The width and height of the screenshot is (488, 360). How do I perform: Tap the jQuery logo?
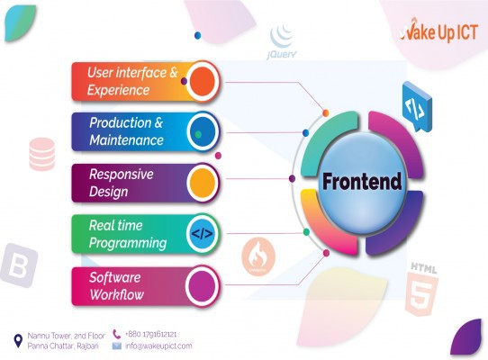coord(282,42)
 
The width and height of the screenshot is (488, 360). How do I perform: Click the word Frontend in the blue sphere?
coord(362,182)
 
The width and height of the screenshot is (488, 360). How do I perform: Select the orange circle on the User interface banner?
coord(203,81)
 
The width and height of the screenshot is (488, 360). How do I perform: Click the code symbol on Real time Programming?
coord(203,233)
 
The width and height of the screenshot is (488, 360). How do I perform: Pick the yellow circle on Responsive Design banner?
coord(203,183)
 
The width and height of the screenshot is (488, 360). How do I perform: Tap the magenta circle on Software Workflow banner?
coord(203,285)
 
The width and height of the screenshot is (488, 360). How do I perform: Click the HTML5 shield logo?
coord(422,290)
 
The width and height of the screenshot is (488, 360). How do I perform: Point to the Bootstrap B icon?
coord(19,265)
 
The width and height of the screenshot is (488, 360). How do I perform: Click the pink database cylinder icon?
coord(42,154)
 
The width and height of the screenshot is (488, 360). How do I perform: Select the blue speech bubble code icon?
coord(417,107)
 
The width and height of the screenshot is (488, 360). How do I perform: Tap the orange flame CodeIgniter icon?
coord(258,256)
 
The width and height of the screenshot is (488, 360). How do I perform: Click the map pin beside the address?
coord(18,341)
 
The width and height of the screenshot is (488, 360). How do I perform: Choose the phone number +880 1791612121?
coord(151,334)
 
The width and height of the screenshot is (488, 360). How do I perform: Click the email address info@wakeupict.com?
coord(158,346)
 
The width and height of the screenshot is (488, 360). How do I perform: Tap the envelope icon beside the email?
coord(117,346)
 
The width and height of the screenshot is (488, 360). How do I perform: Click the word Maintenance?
coord(126,140)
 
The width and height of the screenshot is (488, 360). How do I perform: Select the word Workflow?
coord(117,294)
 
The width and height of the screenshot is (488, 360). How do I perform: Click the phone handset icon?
coord(117,334)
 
